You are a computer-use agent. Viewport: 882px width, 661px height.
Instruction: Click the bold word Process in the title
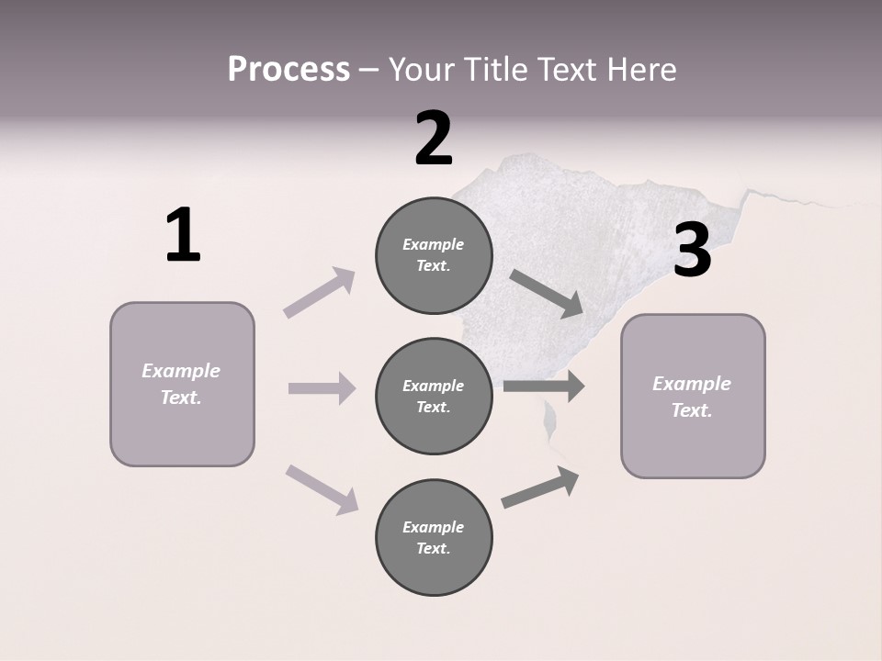point(288,70)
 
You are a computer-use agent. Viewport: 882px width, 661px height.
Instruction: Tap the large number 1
point(183,235)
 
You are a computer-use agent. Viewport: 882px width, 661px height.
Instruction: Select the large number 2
point(434,140)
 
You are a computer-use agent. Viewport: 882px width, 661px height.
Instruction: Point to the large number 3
point(692,251)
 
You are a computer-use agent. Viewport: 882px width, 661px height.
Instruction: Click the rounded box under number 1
point(182,384)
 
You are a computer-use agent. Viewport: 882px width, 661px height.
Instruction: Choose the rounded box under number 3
point(693,397)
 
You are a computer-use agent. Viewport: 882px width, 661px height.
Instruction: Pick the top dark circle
point(434,255)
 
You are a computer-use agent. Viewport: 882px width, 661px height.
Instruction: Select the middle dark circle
point(434,397)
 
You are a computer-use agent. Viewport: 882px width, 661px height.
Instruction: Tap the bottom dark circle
point(434,538)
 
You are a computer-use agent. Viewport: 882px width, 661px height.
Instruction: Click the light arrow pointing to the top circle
point(320,293)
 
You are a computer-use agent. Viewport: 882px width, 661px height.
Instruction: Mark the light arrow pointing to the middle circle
point(322,388)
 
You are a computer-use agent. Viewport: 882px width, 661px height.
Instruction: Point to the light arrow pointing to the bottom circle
point(322,488)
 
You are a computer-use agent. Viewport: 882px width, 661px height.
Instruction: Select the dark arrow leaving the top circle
point(546,293)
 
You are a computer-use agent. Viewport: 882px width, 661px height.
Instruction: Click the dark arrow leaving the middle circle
point(543,386)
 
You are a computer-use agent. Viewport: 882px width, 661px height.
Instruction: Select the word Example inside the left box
point(181,371)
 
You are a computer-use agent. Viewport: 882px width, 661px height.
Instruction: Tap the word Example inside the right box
point(692,384)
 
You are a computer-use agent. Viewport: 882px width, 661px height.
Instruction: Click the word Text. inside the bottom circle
point(433,549)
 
